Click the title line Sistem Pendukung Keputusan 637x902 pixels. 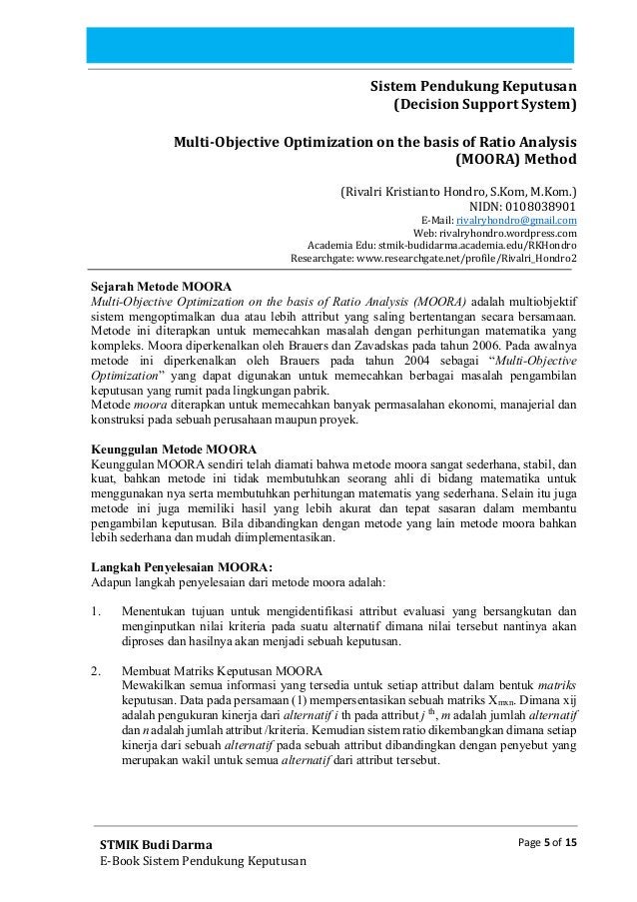pos(473,86)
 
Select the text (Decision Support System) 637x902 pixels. pos(484,104)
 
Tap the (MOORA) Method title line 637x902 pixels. pos(515,158)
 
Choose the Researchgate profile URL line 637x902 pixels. pos(433,263)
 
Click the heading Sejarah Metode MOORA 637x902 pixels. pos(160,286)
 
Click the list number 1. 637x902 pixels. pos(96,611)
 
